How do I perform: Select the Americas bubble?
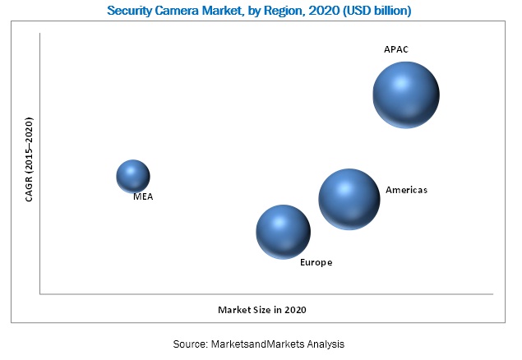(x=349, y=198)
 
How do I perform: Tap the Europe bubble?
(x=283, y=232)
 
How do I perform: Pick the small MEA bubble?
(x=133, y=176)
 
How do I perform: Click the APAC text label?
(x=396, y=49)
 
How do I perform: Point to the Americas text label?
(x=406, y=190)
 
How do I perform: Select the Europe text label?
(x=316, y=262)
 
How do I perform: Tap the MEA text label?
(x=143, y=197)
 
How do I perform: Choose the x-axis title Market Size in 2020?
(x=267, y=310)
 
